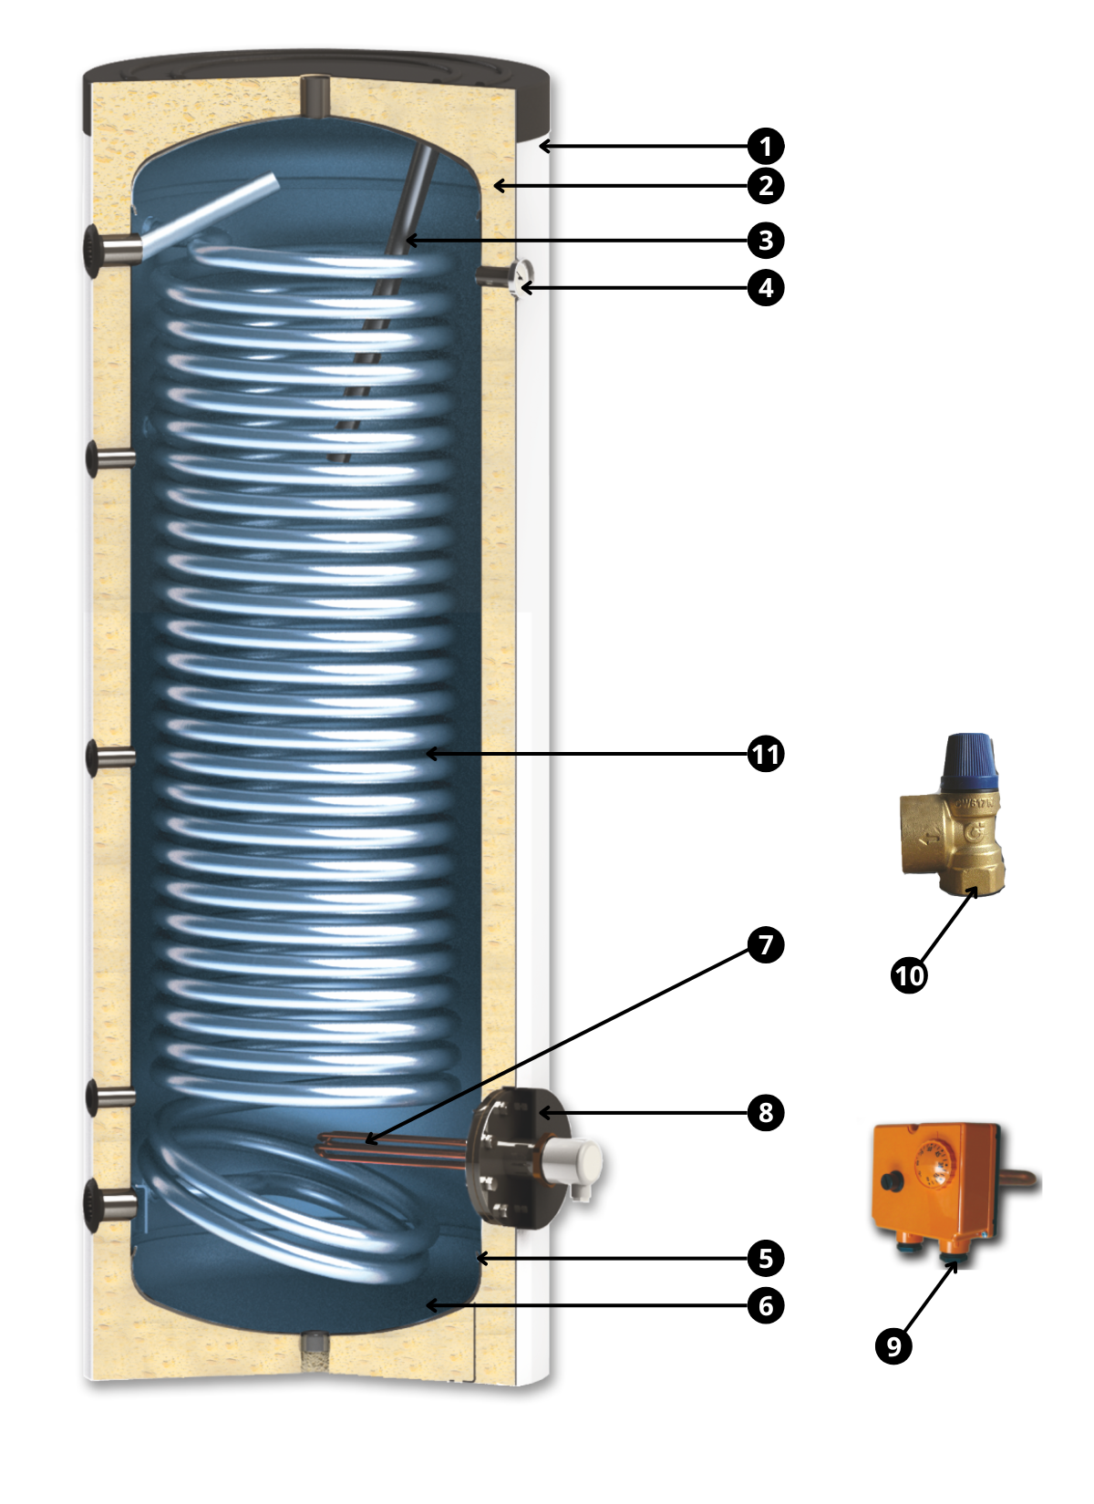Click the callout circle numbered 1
coord(766,146)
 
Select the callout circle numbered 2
coord(766,186)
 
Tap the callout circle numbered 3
coord(766,241)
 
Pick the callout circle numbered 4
coord(766,288)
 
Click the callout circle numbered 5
coord(766,1258)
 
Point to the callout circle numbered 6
coord(766,1306)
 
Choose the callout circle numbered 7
coord(766,944)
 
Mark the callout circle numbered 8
coord(766,1113)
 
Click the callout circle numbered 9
coord(893,1345)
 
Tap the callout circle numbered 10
coord(909,975)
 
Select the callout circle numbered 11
coord(766,754)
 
